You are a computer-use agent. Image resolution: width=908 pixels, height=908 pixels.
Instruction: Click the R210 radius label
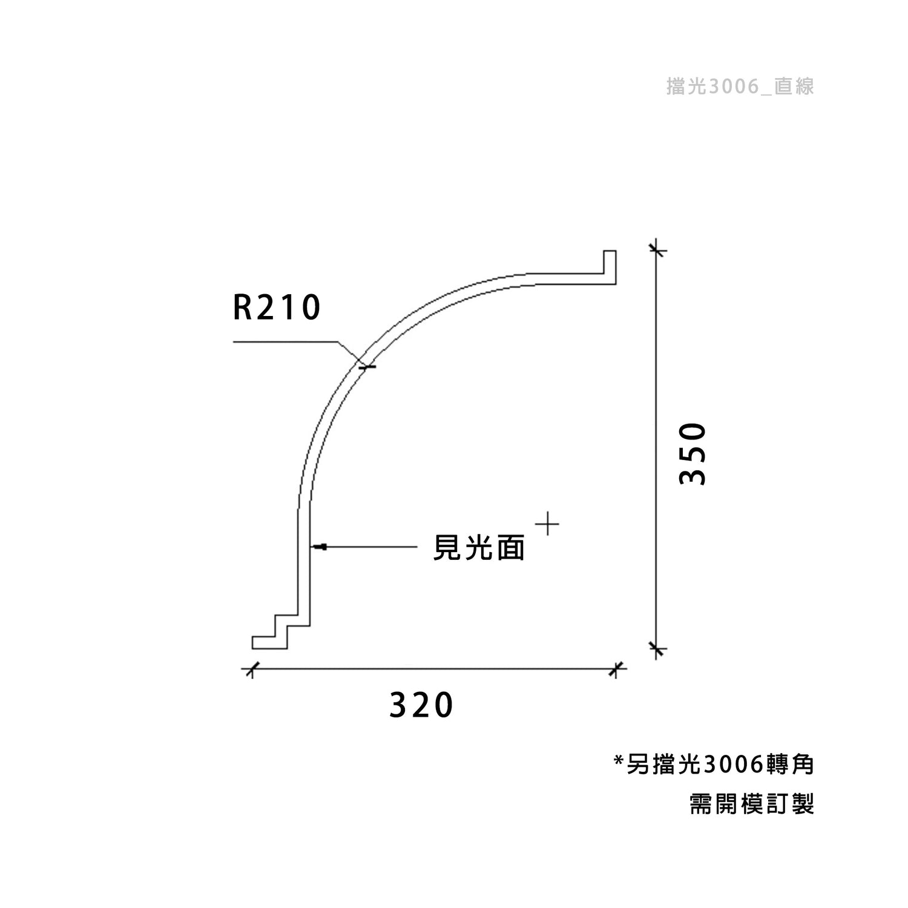coord(277,308)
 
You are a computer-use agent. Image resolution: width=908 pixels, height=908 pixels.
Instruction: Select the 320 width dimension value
coord(421,705)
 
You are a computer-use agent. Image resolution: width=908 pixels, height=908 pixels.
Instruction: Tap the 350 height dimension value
coord(693,454)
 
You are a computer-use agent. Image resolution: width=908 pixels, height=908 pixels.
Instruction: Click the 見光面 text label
coord(479,548)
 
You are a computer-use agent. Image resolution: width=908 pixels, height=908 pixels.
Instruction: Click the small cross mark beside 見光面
coord(547,524)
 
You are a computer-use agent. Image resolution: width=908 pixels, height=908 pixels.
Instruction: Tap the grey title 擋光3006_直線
coord(740,87)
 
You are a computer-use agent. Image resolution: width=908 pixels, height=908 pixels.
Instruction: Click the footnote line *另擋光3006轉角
coord(714,765)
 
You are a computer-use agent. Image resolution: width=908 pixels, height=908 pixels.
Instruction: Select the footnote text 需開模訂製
coord(752,804)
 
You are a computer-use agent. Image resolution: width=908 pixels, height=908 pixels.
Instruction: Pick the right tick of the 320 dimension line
coord(616,669)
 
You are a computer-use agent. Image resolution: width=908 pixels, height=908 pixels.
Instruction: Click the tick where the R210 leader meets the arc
coord(366,367)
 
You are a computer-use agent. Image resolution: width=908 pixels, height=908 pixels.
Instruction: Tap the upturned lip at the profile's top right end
coord(610,267)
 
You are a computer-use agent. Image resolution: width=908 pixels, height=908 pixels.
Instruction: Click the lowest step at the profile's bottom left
coord(269,643)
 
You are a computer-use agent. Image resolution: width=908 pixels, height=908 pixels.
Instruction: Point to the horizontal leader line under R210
coord(285,343)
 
